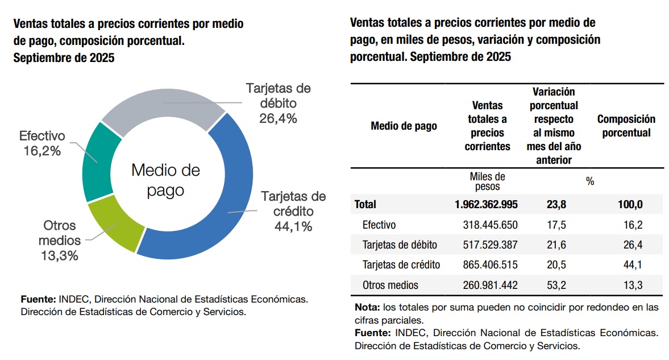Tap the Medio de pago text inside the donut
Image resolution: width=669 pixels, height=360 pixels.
point(166,180)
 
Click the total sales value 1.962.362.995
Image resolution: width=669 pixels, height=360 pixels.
point(487,204)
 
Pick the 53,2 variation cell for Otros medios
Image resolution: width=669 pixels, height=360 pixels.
point(556,285)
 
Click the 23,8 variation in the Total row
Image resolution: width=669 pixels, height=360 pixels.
point(556,204)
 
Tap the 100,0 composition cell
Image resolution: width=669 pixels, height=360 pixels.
point(631,204)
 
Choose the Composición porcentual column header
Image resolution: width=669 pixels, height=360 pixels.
point(626,126)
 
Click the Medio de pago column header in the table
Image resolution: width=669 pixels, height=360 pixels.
point(404,126)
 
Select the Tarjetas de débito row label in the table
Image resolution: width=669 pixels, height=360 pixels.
point(400,245)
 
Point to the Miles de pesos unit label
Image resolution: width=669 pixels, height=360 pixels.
point(487,181)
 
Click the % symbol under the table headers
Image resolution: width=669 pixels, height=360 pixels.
point(589,181)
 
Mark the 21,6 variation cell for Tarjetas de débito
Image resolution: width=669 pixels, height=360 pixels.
point(556,245)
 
